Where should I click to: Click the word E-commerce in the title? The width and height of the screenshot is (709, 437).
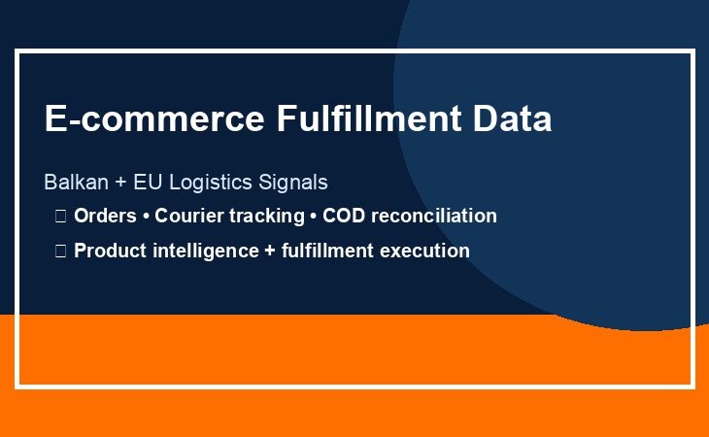[154, 118]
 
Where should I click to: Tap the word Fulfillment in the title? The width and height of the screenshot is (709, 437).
[369, 118]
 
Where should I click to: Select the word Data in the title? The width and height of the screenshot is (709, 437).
[512, 118]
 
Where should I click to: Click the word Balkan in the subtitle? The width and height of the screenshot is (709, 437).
[76, 183]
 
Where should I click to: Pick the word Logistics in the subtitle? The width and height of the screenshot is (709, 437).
[210, 183]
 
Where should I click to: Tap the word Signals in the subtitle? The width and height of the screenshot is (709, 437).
[293, 183]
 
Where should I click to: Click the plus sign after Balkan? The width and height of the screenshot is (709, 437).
[120, 183]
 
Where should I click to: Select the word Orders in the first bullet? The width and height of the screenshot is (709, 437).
[105, 216]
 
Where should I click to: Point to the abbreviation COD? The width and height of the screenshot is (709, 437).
[344, 216]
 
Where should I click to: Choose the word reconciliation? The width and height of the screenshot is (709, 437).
[434, 216]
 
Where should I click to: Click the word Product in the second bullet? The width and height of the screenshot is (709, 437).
[110, 251]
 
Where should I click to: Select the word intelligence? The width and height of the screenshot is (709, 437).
[206, 252]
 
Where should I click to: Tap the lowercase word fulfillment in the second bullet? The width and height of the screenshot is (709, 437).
[327, 251]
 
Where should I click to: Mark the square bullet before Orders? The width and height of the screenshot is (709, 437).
[60, 216]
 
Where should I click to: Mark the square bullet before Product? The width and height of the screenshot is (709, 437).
[60, 251]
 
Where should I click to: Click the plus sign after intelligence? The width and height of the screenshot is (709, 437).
[270, 252]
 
